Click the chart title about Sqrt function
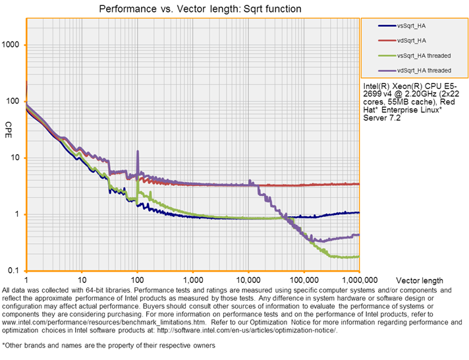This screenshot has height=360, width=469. [200, 9]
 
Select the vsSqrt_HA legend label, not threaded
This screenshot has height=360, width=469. [414, 26]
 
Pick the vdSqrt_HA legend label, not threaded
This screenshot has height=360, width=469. [414, 40]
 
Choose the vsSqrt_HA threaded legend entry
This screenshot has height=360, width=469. [424, 55]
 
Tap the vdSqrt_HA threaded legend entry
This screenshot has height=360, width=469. [424, 70]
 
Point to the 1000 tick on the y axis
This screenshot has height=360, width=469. [13, 45]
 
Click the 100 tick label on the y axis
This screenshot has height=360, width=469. [15, 102]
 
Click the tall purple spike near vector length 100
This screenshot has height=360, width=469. [138, 152]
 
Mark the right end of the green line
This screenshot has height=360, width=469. [359, 256]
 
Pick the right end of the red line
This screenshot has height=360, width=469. [359, 184]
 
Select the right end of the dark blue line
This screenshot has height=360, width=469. [359, 212]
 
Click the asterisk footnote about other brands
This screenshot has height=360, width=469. [109, 345]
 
